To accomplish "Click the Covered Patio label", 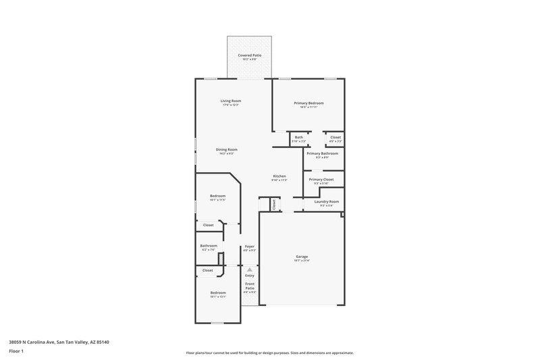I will tap(250, 55).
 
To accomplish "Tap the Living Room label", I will tap(230, 101).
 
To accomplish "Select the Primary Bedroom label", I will tap(308, 103).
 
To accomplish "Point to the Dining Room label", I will tap(226, 149).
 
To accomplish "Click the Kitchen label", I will tap(279, 176).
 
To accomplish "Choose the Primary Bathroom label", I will tap(321, 153).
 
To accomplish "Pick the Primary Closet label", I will tap(321, 179).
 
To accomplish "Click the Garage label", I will tap(302, 257).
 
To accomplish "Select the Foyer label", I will tap(249, 247).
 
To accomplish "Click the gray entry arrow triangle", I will tap(249, 269).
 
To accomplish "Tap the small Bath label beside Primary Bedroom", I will tap(298, 137).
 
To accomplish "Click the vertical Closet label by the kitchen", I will tap(274, 203).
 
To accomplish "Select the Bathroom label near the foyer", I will tap(209, 245).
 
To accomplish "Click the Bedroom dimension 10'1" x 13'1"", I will tap(218, 297).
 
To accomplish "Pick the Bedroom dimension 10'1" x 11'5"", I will tap(217, 200).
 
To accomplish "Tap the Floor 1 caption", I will tap(16, 352).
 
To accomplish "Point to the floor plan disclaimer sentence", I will tap(269, 353).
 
